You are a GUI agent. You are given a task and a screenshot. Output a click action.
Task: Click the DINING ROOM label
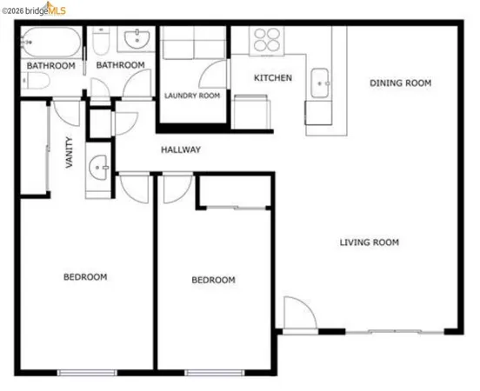point(401,83)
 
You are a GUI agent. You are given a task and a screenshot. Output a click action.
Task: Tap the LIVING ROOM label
point(369,242)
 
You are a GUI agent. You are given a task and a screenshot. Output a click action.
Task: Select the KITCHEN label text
point(272,78)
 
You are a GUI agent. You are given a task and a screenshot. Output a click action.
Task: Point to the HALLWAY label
point(181,150)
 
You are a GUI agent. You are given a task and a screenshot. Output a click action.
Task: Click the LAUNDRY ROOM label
point(192,96)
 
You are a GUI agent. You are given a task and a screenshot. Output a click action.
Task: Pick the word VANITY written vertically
point(70,154)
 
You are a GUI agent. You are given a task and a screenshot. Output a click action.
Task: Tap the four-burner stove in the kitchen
point(264,40)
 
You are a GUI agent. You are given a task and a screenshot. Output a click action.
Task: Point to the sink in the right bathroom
point(137,39)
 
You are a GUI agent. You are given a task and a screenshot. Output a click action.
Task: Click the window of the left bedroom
point(87,372)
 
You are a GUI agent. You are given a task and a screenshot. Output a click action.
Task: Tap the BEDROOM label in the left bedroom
point(85,277)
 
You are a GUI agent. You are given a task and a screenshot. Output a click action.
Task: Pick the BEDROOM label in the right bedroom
point(213,280)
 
